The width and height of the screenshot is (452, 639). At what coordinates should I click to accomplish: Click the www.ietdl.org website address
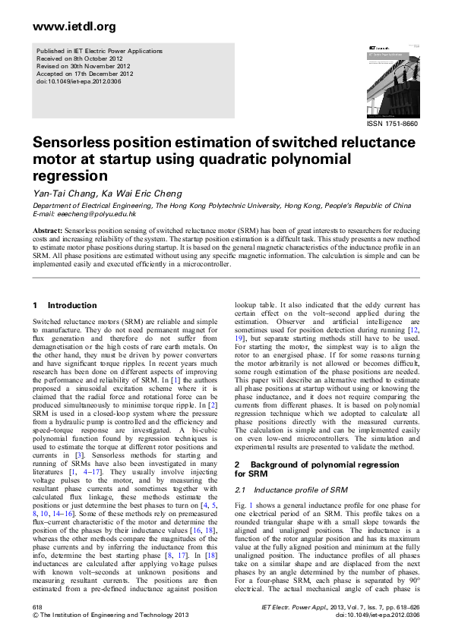(x=74, y=27)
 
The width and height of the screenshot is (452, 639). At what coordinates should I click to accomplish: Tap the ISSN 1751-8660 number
(x=392, y=123)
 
